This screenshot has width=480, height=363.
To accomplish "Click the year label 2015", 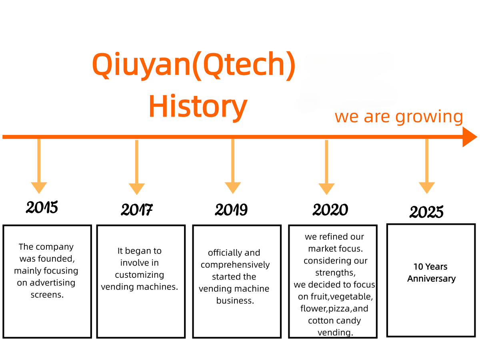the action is (42, 207).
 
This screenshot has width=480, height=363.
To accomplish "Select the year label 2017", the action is (137, 210).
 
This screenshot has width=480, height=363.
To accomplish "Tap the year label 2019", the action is (231, 210).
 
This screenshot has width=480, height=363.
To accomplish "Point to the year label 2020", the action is (330, 210).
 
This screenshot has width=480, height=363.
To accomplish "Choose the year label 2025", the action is (426, 212).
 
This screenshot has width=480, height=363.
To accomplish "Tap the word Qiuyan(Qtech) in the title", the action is (194, 65).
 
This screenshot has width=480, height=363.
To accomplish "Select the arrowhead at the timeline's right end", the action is (470, 137).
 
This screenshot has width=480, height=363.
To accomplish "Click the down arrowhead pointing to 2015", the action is (39, 188).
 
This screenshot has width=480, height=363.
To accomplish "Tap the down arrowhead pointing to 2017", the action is (137, 189).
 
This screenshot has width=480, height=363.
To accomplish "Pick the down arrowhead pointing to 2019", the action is (233, 188).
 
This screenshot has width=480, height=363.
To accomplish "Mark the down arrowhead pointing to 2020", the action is (326, 189).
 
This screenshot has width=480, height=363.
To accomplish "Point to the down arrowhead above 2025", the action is (427, 188).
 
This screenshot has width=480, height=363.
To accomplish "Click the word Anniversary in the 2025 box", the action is (431, 279).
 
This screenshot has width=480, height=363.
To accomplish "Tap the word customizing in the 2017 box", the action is (140, 275).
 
